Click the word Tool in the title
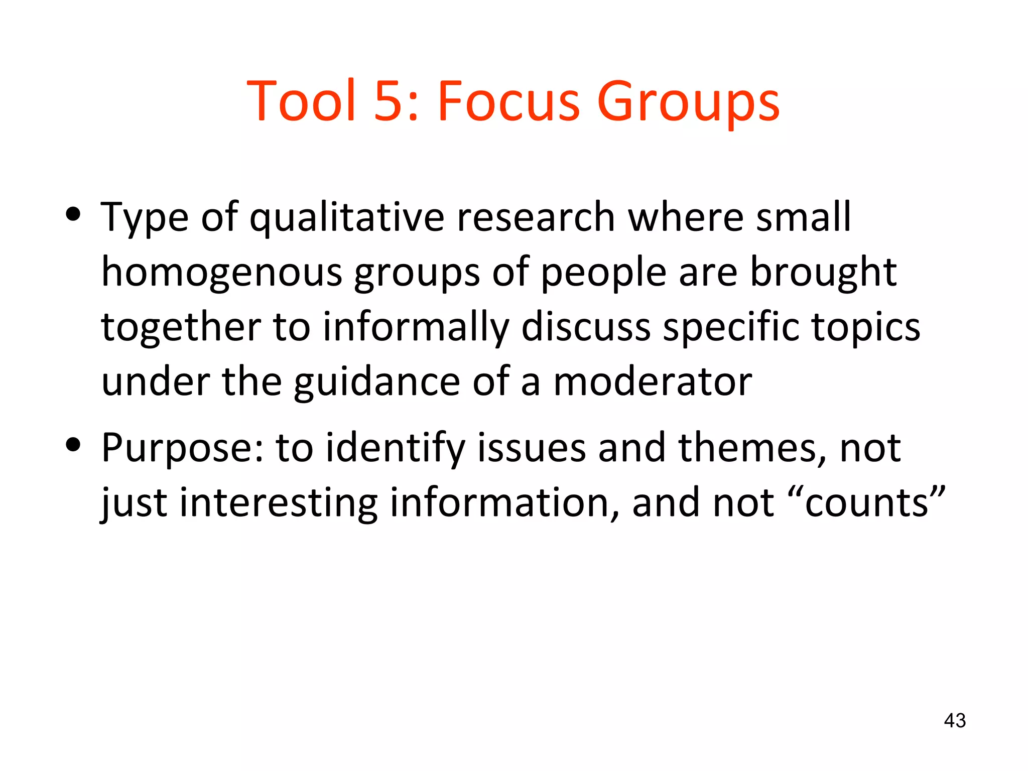(302, 101)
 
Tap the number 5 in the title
(390, 101)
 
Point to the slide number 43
(955, 721)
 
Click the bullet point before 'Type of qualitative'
(73, 215)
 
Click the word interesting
(279, 503)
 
